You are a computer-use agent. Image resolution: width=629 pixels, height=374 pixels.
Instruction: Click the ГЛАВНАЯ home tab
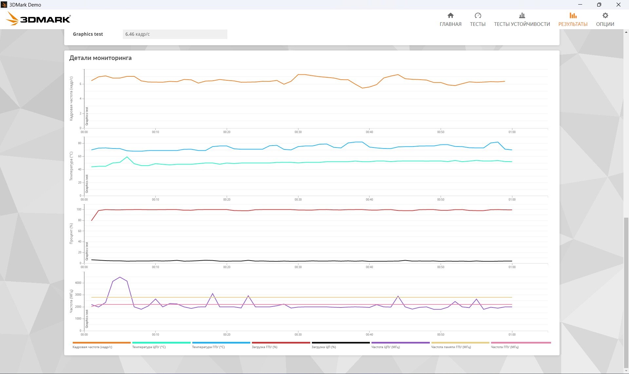point(450,20)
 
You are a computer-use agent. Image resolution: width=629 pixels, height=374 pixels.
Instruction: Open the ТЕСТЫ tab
point(478,20)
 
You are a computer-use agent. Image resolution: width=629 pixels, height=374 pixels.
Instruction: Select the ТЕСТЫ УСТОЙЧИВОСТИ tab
point(522,20)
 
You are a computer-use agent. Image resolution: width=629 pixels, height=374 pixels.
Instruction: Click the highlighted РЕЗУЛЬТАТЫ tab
point(573,20)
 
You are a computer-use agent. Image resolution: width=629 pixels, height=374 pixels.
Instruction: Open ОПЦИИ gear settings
point(605,20)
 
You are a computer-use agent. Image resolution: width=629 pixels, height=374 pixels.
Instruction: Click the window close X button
point(619,5)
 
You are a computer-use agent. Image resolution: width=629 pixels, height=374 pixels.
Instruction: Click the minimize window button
point(580,5)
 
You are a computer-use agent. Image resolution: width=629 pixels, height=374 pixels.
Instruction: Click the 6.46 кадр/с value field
point(175,34)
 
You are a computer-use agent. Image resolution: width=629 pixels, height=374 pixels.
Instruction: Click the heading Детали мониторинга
point(100,58)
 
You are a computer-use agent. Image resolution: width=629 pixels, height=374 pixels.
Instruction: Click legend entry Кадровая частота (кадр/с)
point(92,347)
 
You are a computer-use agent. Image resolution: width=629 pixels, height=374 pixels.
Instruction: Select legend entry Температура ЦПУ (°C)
point(149,347)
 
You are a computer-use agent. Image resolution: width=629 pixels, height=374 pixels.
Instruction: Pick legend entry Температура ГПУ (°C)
point(208,347)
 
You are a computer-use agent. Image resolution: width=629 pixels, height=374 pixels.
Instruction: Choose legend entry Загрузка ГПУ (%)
point(264,347)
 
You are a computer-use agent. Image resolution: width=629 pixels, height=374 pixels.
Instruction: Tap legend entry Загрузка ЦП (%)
point(324,347)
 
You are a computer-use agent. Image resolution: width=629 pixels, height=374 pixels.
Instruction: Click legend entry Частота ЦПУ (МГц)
point(386,347)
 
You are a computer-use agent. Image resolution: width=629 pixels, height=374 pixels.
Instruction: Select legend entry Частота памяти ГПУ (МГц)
point(451,347)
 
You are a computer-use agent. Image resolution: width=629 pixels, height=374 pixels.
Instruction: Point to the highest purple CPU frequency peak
point(120,277)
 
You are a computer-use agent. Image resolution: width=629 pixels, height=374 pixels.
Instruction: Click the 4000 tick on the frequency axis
point(78,283)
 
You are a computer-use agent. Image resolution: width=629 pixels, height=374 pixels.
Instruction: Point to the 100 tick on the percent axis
point(79,209)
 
